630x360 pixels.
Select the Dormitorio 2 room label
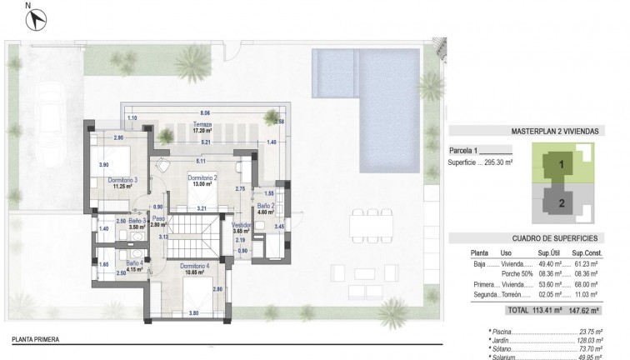click(202, 177)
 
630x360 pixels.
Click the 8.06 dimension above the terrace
click(205, 112)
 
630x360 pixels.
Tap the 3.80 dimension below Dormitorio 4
click(193, 312)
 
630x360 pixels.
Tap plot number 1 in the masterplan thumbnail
click(562, 164)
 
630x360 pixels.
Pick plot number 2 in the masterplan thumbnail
click(562, 202)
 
